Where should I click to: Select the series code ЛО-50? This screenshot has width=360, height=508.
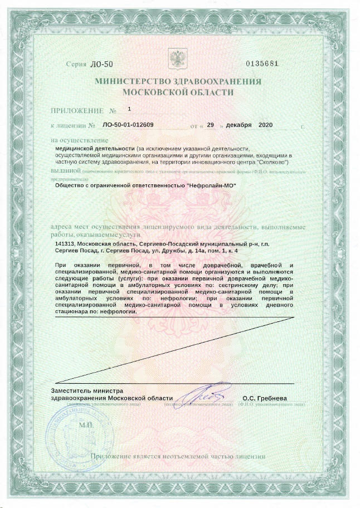point(101,63)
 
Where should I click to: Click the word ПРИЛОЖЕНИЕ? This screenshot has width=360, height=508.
point(76,111)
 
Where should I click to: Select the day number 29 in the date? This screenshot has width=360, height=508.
point(210,125)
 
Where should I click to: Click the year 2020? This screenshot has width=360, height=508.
point(266,125)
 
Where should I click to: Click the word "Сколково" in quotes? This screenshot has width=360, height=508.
point(271,162)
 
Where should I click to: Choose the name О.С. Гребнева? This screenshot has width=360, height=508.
point(264,398)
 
